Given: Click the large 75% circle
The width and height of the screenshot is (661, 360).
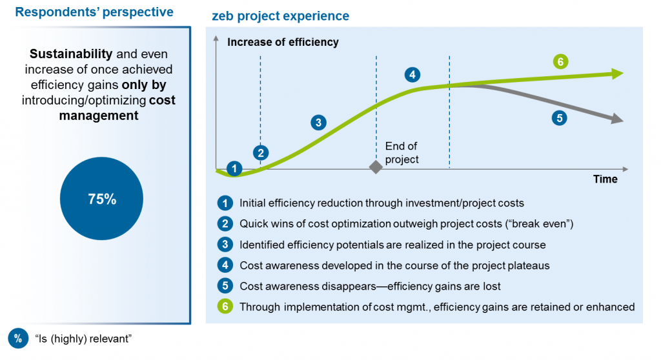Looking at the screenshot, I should click(x=102, y=199).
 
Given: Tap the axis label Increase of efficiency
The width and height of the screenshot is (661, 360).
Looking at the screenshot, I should click(x=283, y=43).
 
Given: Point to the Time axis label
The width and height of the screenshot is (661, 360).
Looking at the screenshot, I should click(x=605, y=179).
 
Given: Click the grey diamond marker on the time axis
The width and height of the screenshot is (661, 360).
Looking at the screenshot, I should click(x=376, y=167).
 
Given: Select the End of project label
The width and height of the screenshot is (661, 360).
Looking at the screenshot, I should click(x=402, y=153).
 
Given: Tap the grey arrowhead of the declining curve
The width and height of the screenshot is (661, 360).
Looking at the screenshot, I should click(x=617, y=119).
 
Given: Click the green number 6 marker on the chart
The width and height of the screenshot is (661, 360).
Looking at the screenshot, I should click(x=561, y=62).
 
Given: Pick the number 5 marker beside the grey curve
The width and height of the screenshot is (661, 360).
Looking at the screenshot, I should click(x=559, y=119).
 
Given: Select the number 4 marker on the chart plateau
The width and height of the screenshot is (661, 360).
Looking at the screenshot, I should click(x=411, y=74).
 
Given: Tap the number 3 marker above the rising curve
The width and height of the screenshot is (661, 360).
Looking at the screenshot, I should click(x=318, y=122).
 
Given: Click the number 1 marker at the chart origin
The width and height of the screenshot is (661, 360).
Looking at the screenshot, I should click(x=235, y=168).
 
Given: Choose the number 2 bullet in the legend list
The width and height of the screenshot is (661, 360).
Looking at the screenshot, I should click(x=224, y=224).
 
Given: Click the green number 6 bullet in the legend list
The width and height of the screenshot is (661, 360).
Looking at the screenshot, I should click(x=224, y=307).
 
